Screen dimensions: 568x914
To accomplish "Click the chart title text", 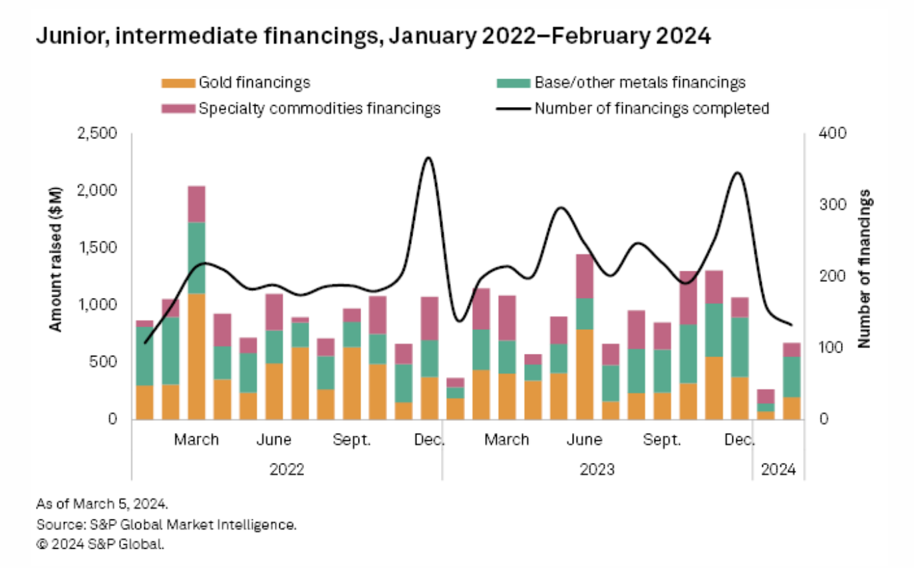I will coord(373,37).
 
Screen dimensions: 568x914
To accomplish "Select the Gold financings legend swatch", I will coord(178,84).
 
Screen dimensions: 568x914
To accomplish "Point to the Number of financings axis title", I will coord(864,269).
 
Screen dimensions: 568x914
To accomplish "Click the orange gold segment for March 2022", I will coord(197,356).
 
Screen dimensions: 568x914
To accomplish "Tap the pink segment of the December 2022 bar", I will coord(430,319).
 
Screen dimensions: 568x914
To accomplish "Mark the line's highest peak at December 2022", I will coord(428,158).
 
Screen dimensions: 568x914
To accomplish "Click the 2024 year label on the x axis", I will coord(778,470).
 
